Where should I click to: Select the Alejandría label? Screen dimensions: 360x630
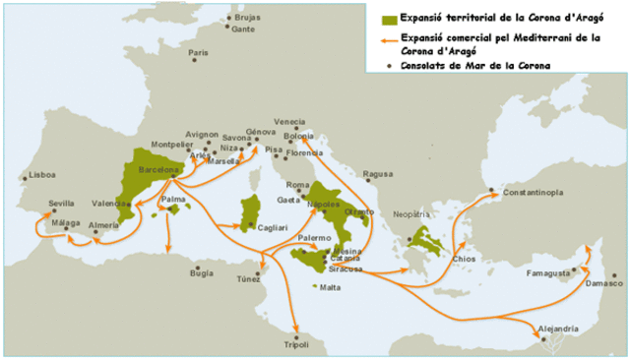pos(557,327)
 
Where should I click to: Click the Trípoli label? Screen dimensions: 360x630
pos(296,344)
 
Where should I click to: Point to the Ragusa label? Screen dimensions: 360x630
pos(378,175)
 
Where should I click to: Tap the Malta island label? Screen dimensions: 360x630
pos(330,288)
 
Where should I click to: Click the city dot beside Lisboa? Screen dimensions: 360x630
pos(25,178)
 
